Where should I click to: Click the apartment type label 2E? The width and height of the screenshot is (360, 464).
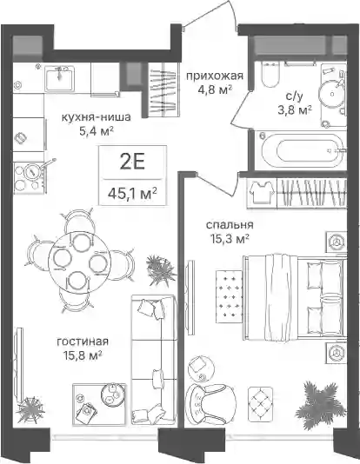click(x=132, y=162)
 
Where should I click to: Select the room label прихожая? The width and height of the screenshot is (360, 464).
click(x=215, y=76)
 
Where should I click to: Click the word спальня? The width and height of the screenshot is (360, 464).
click(x=230, y=225)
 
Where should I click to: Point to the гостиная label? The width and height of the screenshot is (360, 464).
click(x=83, y=341)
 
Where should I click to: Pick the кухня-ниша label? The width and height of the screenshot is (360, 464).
click(x=96, y=117)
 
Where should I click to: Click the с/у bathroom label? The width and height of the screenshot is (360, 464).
click(x=295, y=96)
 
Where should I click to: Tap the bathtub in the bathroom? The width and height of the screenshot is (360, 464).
click(x=303, y=150)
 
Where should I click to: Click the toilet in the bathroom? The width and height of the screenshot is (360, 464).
click(x=270, y=75)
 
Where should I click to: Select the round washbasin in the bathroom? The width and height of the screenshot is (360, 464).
click(x=331, y=94)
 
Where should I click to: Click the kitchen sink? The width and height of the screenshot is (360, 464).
click(x=60, y=78)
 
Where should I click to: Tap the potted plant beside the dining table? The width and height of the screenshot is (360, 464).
click(x=160, y=270)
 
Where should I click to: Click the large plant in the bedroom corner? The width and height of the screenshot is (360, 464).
click(x=320, y=404)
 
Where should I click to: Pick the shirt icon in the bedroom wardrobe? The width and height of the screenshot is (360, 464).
click(x=262, y=192)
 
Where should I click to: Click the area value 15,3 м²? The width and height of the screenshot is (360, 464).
click(x=230, y=238)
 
